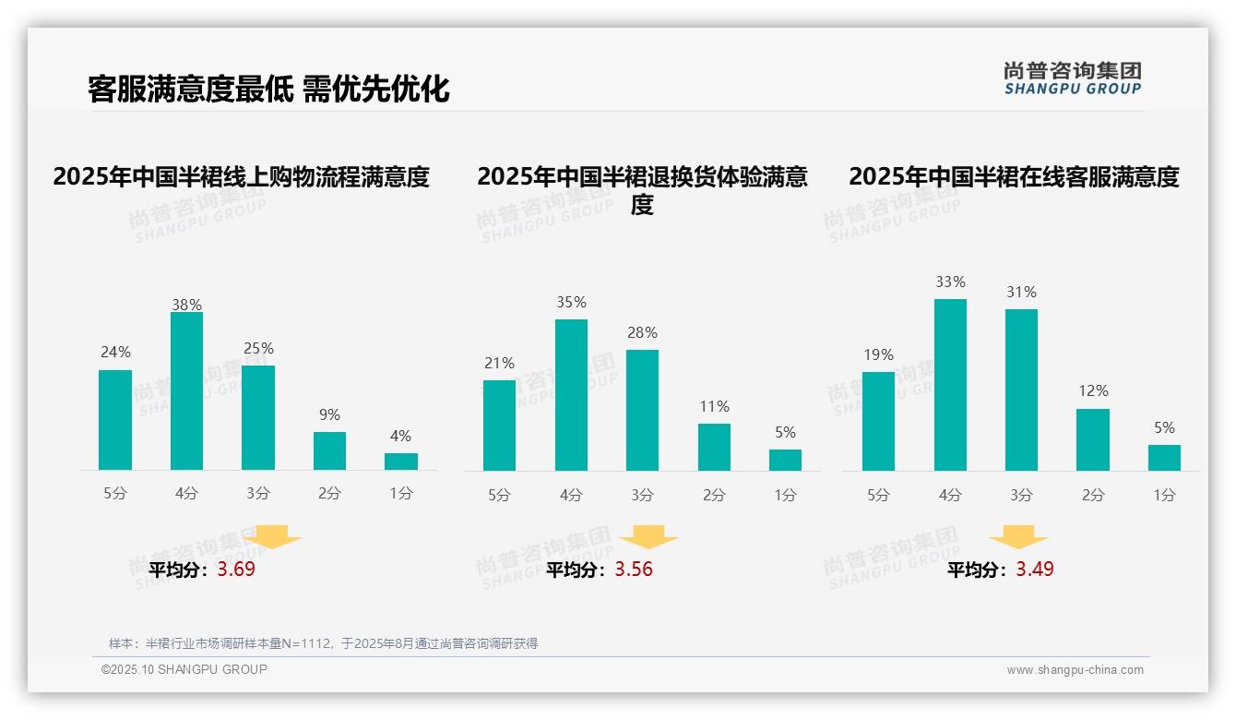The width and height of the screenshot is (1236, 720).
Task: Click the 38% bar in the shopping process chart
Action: pos(186,391)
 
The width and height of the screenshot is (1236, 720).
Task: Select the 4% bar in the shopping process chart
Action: pos(401,462)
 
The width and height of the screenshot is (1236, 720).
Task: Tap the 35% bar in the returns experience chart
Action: pos(571,395)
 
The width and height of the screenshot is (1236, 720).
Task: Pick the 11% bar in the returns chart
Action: pos(714,448)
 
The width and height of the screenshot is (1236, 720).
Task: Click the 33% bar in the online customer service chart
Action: pos(950,385)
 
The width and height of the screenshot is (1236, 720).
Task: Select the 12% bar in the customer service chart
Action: pos(1093,440)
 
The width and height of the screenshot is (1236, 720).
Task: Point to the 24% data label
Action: pos(115,353)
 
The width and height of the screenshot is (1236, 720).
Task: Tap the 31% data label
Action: pos(1021,293)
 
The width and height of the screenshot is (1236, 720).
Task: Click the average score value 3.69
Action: pos(236,570)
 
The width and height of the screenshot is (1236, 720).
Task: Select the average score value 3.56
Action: pos(634,570)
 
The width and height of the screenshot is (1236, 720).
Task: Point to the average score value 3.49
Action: pos(1035,570)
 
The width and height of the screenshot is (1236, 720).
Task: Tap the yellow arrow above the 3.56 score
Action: pos(648,537)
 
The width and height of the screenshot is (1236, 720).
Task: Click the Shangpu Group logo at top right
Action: pos(1073,78)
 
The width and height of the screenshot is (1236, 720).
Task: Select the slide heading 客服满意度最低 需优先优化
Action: pos(268,90)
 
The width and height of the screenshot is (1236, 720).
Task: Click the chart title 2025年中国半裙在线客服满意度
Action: pos(1014,176)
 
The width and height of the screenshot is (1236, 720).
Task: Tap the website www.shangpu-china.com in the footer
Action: pos(1075,670)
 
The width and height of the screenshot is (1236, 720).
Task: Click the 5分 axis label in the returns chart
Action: pos(499,496)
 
